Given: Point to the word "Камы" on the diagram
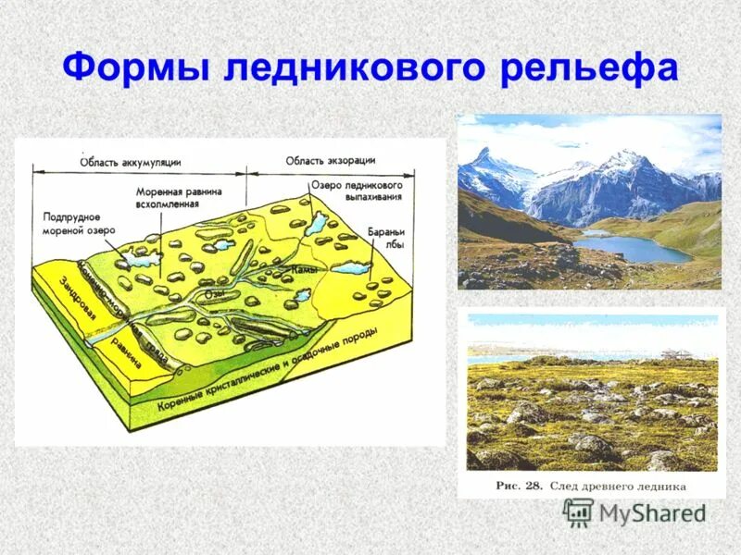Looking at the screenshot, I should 305,269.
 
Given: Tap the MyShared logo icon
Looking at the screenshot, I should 578,512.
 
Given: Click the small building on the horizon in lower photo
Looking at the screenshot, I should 672,351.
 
